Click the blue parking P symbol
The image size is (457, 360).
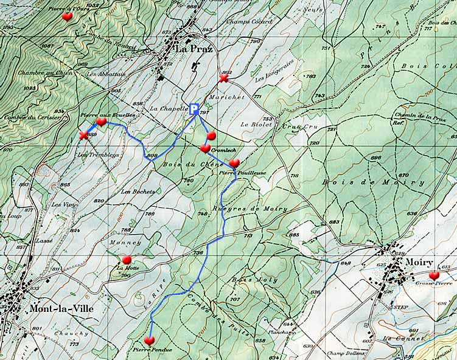pyautogui.click(x=194, y=109)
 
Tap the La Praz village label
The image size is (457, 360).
pyautogui.click(x=194, y=49)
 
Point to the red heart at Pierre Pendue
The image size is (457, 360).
pyautogui.click(x=149, y=341)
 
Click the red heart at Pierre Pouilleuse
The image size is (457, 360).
pyautogui.click(x=234, y=163)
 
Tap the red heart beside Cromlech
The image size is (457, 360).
pyautogui.click(x=205, y=148)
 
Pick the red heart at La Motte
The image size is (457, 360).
pyautogui.click(x=127, y=260)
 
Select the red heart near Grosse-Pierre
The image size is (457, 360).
pyautogui.click(x=434, y=275)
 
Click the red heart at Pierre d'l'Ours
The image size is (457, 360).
pyautogui.click(x=67, y=16)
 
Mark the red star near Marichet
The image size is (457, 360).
pyautogui.click(x=223, y=78)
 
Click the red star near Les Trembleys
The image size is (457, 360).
pyautogui.click(x=83, y=135)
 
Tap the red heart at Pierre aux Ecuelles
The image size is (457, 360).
pyautogui.click(x=101, y=122)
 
